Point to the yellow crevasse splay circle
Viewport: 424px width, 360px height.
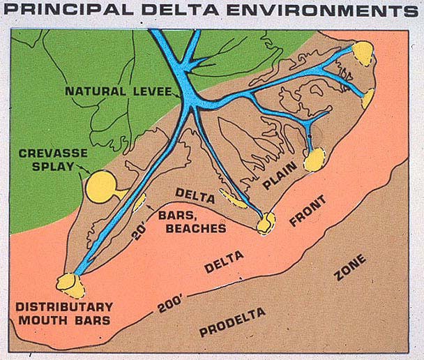point(102,186)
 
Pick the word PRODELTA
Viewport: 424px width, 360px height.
point(232,322)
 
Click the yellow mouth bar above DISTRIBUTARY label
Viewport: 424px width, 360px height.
point(68,283)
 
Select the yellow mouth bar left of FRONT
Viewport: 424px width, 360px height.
point(266,223)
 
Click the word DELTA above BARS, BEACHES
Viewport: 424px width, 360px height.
point(190,192)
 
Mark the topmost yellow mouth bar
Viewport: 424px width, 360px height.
point(363,51)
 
